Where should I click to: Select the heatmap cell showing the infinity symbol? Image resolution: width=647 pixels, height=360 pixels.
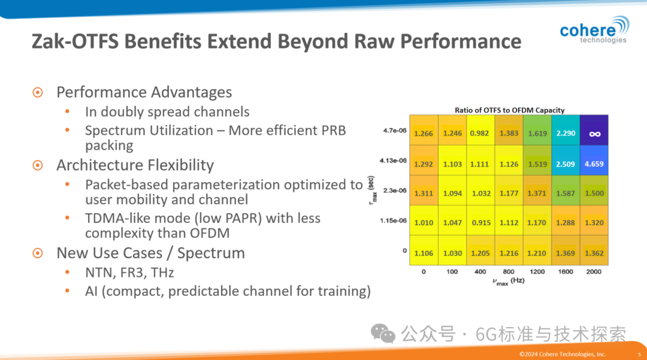click(594, 134)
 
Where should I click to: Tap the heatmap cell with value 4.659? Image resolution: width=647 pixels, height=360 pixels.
click(594, 164)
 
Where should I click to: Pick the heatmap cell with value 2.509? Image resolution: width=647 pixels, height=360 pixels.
click(566, 164)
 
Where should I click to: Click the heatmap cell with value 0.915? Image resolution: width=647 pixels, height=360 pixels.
click(480, 223)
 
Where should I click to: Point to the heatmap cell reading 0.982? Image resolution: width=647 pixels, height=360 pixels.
click(480, 134)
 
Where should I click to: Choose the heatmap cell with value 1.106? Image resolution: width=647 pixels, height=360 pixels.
click(424, 253)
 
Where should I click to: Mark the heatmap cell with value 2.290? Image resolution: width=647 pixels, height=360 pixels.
click(566, 134)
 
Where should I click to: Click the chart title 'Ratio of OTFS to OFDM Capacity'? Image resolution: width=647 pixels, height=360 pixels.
click(509, 110)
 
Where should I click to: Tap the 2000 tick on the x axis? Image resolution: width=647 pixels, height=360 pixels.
click(594, 272)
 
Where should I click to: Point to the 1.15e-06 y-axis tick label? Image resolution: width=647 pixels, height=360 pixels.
click(392, 220)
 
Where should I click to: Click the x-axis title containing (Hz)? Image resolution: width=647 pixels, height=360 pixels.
click(509, 282)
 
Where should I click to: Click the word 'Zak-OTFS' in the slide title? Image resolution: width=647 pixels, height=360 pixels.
click(72, 41)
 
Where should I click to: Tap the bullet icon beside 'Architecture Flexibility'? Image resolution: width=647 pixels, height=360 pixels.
click(38, 165)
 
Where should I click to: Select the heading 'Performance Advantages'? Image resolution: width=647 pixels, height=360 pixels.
click(144, 92)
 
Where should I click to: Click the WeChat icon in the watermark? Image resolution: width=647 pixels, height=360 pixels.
click(383, 333)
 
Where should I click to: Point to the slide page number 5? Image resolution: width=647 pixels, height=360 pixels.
click(639, 354)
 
